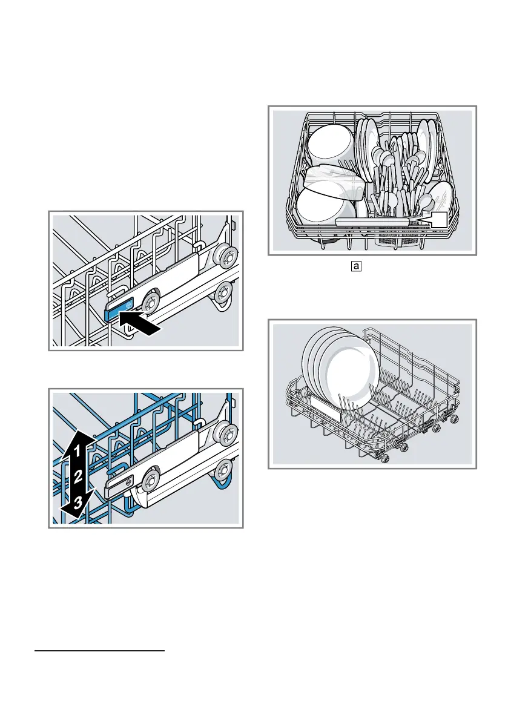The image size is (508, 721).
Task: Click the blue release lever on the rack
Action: [x=119, y=312]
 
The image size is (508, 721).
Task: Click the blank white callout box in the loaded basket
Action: [x=439, y=220]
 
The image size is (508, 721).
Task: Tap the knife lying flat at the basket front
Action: [x=375, y=223]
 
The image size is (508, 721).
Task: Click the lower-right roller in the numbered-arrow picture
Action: [x=225, y=470]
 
